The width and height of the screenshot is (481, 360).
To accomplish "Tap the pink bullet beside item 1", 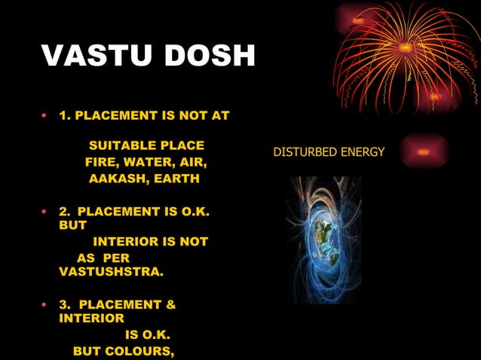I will pos(44,116).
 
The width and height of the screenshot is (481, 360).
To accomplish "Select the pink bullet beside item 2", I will pos(44,212).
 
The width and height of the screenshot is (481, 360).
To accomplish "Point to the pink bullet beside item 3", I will pos(44,305).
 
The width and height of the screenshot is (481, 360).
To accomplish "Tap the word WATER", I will pos(147,162).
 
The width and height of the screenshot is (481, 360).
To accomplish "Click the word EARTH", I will pos(175,178).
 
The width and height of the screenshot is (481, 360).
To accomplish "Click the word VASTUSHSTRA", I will pos(110,270).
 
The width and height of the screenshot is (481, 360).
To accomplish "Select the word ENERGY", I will pos(363,152).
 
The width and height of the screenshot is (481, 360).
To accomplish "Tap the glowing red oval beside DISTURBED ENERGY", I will pos(424,151).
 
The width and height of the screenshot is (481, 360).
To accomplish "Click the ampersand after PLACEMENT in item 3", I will pos(170,305).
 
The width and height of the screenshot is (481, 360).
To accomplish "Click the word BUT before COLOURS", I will pos(87,352).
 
